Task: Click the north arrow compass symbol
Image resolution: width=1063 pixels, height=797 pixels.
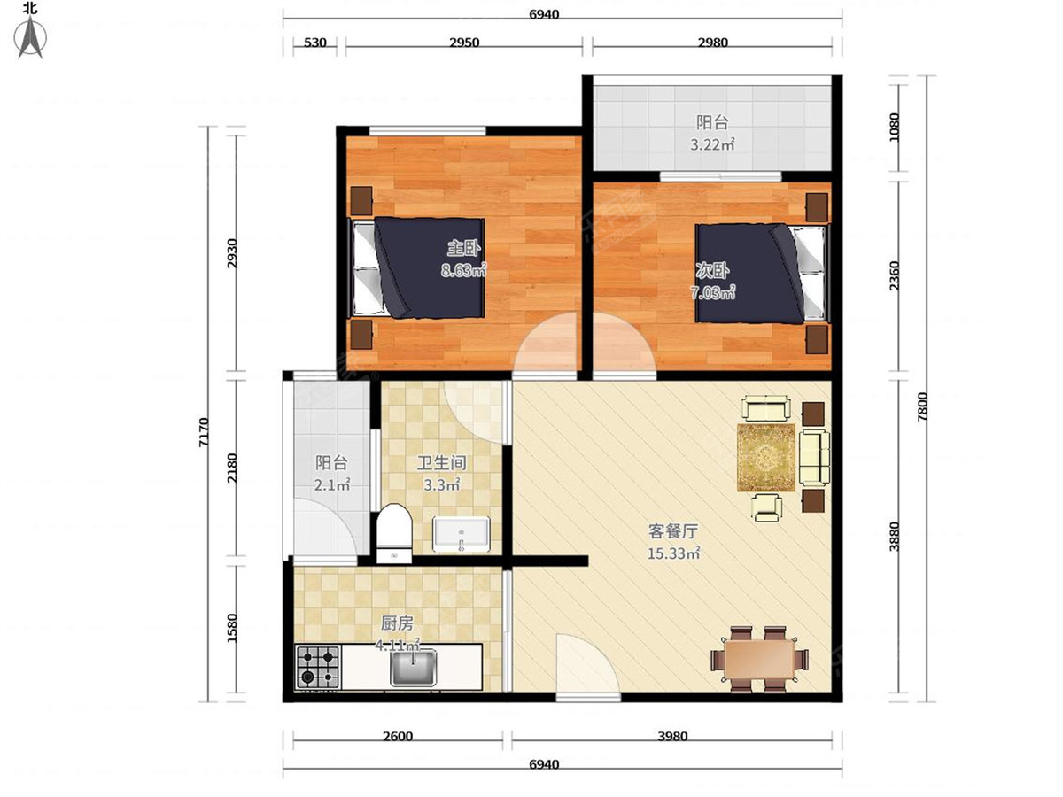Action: pos(30,37)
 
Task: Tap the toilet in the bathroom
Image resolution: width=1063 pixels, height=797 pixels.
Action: pos(394,533)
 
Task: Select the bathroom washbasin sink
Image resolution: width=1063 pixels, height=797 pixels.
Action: pos(462,535)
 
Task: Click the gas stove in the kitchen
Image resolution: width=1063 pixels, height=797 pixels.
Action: pos(318,666)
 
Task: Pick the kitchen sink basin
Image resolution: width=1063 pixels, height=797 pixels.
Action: pos(414,668)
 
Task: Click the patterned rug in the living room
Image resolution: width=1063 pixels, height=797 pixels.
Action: pos(766,457)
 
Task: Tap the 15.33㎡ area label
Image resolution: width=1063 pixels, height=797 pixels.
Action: pos(673,553)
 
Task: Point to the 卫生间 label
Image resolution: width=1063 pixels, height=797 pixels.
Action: pos(442,463)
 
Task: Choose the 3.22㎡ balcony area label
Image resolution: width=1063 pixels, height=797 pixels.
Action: pos(712,144)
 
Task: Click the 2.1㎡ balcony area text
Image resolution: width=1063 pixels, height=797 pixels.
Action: pos(332,484)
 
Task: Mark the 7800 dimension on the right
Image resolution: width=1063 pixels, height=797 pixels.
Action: pos(922,406)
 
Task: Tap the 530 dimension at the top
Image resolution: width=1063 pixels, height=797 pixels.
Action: pos(314,43)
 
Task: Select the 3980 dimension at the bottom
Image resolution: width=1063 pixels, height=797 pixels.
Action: pos(672,736)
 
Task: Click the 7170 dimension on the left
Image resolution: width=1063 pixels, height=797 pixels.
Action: pos(204,432)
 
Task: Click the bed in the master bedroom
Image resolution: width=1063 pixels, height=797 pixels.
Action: pos(416,268)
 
